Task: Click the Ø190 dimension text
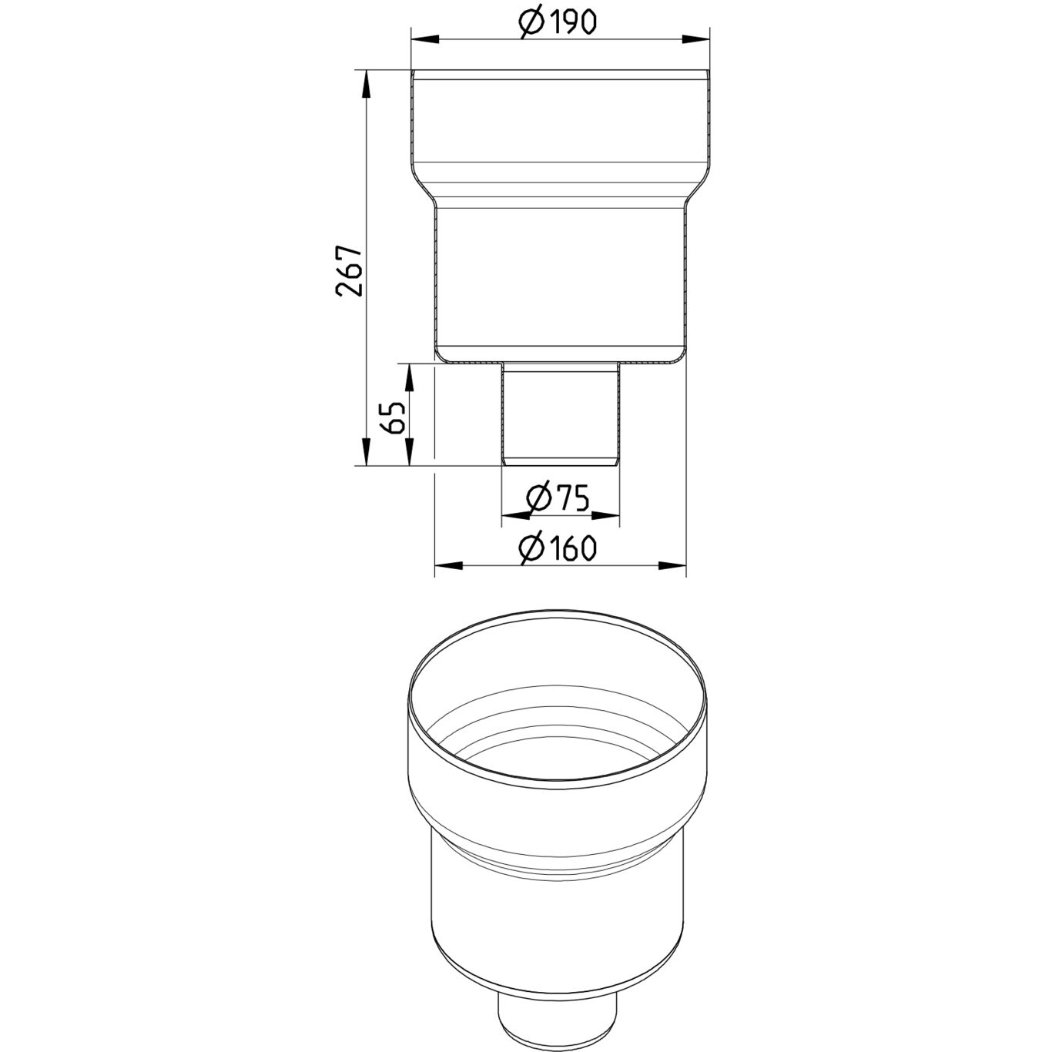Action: [558, 22]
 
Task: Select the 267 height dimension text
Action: [349, 270]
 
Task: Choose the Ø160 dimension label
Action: [558, 548]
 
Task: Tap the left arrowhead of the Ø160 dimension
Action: [447, 566]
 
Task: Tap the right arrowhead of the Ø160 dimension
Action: [673, 566]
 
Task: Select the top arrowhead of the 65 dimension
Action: [409, 377]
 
